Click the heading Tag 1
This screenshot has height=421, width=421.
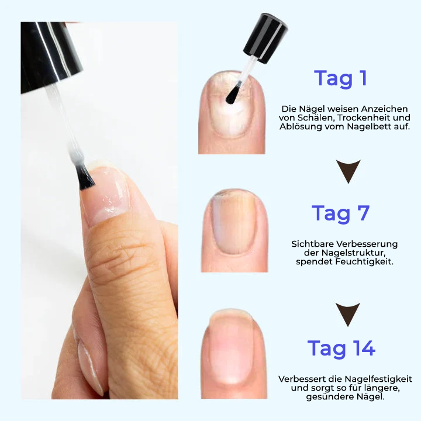[x=341, y=78]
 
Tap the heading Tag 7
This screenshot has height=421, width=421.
[x=341, y=213]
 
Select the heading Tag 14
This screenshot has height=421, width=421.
[x=341, y=348]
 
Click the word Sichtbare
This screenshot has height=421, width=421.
[x=313, y=244]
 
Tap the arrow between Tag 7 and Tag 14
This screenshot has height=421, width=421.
[x=348, y=314]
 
